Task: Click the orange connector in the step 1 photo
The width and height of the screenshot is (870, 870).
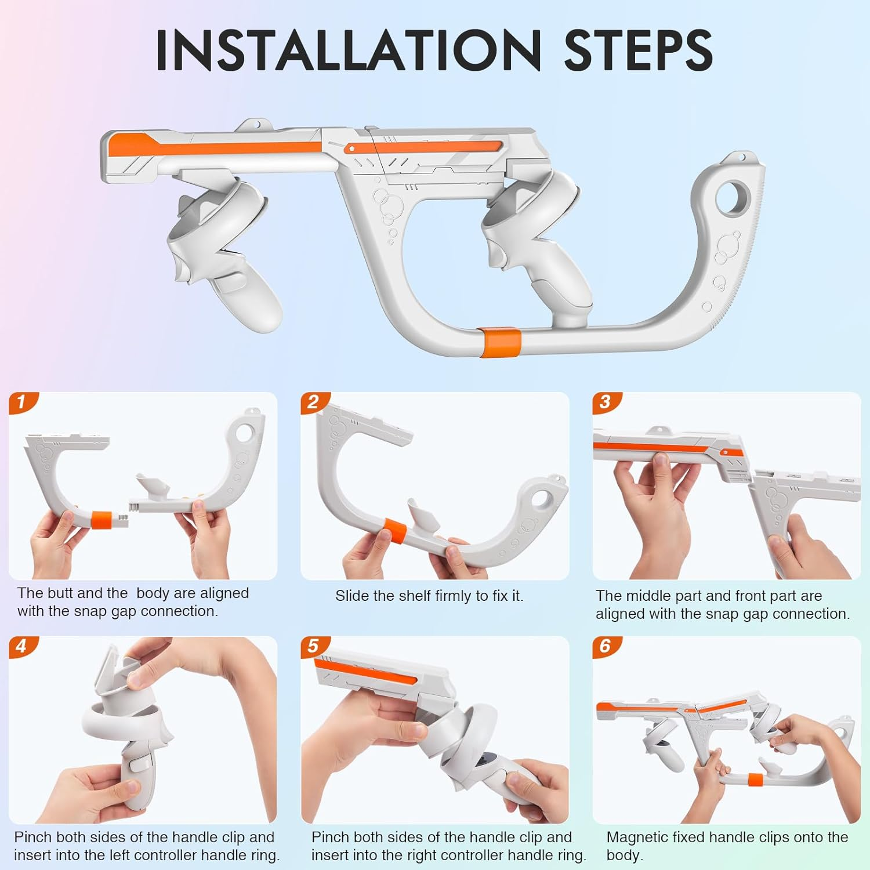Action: (x=102, y=519)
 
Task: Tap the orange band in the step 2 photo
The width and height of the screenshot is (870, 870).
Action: (x=396, y=531)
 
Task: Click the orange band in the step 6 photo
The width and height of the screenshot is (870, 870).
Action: (x=755, y=780)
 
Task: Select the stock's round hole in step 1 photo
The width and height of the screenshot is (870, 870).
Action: (x=245, y=433)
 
